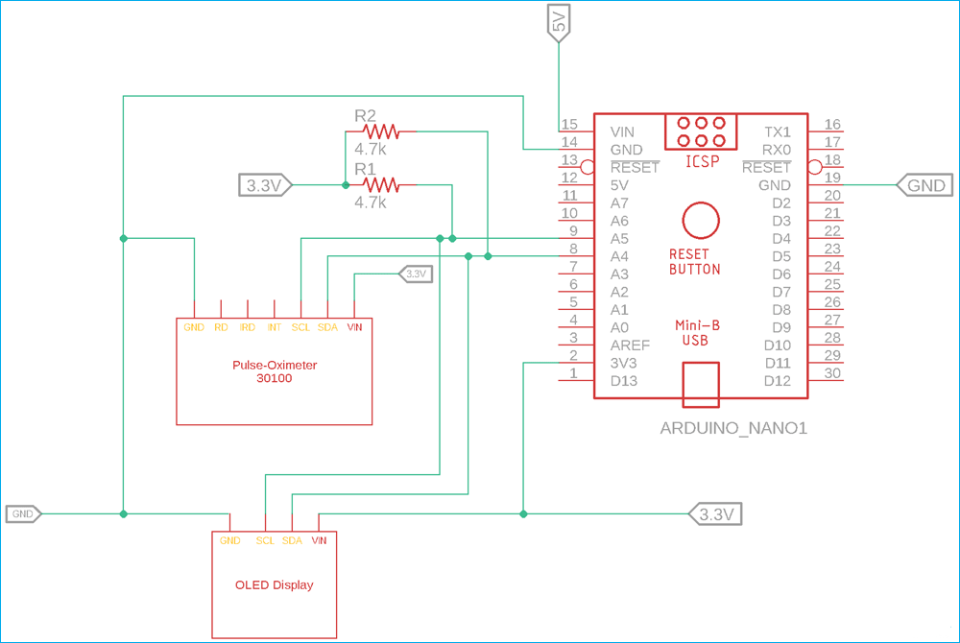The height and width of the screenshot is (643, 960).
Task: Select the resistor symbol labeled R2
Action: click(x=380, y=131)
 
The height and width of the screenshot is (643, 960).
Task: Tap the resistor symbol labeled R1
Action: click(x=380, y=184)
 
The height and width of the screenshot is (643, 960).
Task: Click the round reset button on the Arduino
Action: click(x=701, y=220)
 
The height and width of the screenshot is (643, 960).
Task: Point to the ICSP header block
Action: click(x=701, y=132)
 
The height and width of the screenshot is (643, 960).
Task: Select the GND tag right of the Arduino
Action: click(x=924, y=185)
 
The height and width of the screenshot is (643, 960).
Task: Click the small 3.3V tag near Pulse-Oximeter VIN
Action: click(x=415, y=274)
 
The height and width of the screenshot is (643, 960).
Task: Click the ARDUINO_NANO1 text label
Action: click(x=733, y=428)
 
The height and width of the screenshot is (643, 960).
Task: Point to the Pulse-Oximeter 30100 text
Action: click(x=275, y=371)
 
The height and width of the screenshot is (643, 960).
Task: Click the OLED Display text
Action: click(x=275, y=584)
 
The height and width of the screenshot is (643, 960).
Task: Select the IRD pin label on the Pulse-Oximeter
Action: click(x=248, y=327)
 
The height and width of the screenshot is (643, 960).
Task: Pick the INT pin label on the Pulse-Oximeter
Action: click(x=275, y=327)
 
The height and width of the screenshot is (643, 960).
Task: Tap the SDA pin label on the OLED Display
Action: click(x=292, y=540)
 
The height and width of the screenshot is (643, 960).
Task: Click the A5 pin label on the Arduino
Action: click(x=620, y=238)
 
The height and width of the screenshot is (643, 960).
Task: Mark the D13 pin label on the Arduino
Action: click(x=624, y=381)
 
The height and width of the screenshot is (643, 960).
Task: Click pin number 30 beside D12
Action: click(x=831, y=374)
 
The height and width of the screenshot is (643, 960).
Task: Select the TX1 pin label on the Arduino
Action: click(x=778, y=131)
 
